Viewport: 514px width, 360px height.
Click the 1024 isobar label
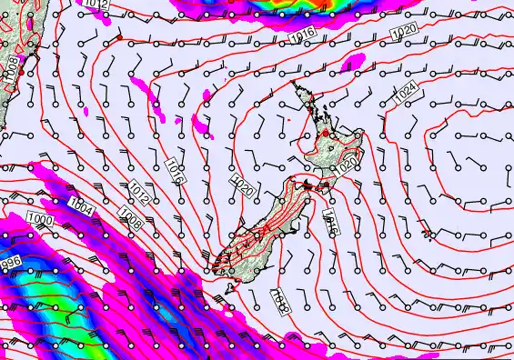pyautogui.click(x=406, y=91)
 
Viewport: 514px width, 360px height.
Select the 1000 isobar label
pyautogui.click(x=38, y=220)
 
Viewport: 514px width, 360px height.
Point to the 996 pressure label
pyautogui.click(x=9, y=263)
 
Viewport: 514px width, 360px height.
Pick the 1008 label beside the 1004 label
pyautogui.click(x=129, y=219)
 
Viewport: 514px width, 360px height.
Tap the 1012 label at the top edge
pyautogui.click(x=97, y=5)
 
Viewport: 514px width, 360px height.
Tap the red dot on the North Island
pyautogui.click(x=321, y=134)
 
